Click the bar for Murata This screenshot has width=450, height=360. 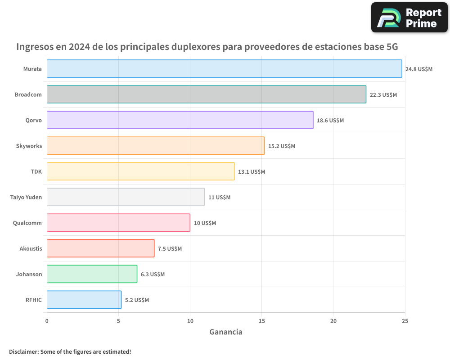tap(224, 69)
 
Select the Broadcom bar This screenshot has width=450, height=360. tap(206, 94)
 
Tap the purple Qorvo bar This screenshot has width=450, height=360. tap(180, 120)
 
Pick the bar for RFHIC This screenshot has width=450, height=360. tap(84, 300)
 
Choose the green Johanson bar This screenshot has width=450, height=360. tap(92, 274)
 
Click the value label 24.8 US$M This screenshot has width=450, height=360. tap(418, 69)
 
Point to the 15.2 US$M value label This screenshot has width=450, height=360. tap(282, 146)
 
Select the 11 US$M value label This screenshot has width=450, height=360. tap(219, 198)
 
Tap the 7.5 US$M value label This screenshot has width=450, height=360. tap(170, 249)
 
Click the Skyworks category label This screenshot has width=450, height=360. tap(29, 146)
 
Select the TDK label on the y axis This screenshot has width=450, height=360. tap(36, 171)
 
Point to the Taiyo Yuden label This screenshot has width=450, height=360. tap(26, 197)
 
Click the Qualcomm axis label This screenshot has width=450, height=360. tap(27, 223)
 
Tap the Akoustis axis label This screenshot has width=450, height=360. tap(31, 248)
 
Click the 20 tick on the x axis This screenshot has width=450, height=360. tap(333, 321)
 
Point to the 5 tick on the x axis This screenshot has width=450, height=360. tap(118, 321)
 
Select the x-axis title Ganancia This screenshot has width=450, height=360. tap(226, 332)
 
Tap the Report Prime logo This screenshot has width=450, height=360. tap(409, 18)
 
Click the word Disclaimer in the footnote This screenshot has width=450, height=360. tap(23, 351)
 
